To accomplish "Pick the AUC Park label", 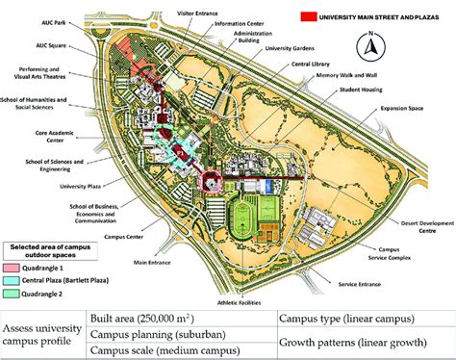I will pyautogui.click(x=71, y=18).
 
